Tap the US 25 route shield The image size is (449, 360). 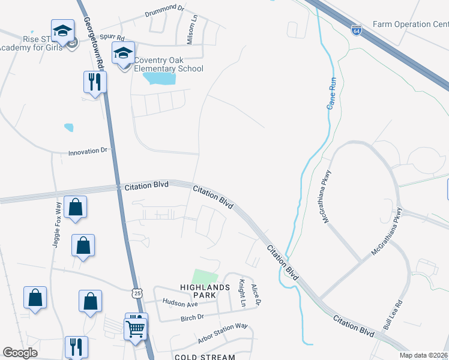click(x=137, y=293)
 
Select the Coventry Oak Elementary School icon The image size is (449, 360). click(x=124, y=55)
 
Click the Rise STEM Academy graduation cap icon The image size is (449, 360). click(x=62, y=32)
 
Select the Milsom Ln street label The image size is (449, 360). click(x=193, y=31)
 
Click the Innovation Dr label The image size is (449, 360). click(x=87, y=152)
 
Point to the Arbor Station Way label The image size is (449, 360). click(x=223, y=334)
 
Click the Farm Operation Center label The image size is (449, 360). click(x=410, y=25)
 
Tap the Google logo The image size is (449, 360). click(x=20, y=353)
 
